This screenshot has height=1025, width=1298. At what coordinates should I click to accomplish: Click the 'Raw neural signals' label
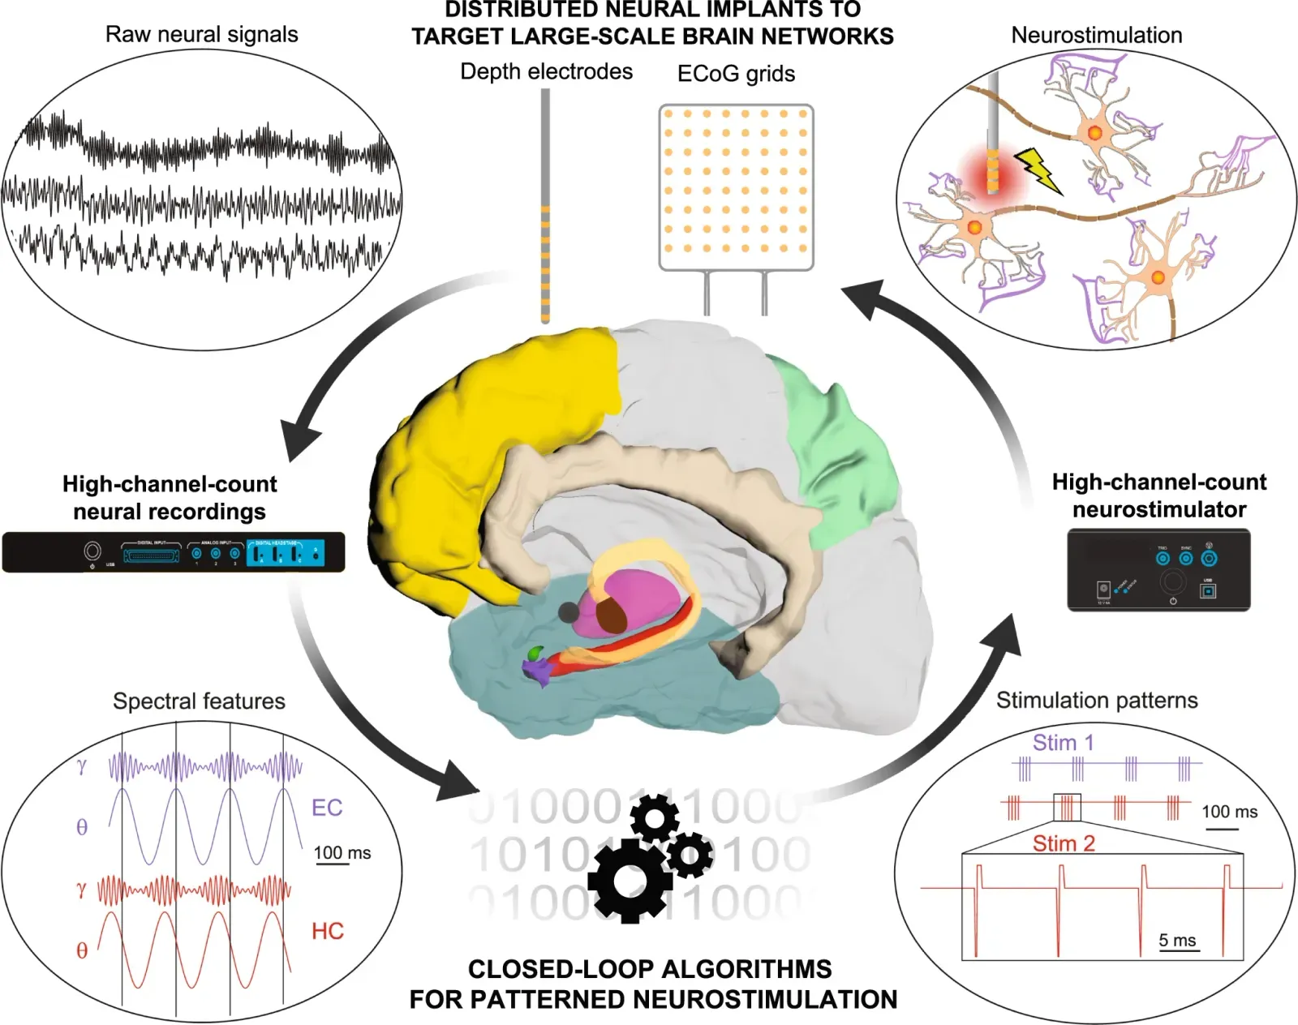201,35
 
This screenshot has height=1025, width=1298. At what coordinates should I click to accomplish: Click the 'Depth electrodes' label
546,71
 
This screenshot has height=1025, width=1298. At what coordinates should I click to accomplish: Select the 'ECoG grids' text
736,74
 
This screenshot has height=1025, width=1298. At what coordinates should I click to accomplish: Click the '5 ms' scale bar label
1177,940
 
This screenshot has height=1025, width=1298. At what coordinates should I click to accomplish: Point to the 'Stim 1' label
1063,742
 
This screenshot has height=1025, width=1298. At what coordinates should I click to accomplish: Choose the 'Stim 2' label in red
1064,843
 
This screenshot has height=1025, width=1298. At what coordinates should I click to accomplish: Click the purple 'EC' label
327,808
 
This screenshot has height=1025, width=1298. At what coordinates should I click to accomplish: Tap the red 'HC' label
328,931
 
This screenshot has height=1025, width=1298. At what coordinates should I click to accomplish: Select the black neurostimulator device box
1158,570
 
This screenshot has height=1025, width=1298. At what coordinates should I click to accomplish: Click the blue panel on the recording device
286,553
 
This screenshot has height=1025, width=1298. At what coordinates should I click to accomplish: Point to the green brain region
844,454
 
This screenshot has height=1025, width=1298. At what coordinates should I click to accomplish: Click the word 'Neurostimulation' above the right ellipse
1096,36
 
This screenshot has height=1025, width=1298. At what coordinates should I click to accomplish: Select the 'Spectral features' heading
199,701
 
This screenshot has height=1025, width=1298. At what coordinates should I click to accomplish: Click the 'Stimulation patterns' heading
1097,701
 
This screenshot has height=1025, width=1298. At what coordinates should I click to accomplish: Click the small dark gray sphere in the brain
569,612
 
